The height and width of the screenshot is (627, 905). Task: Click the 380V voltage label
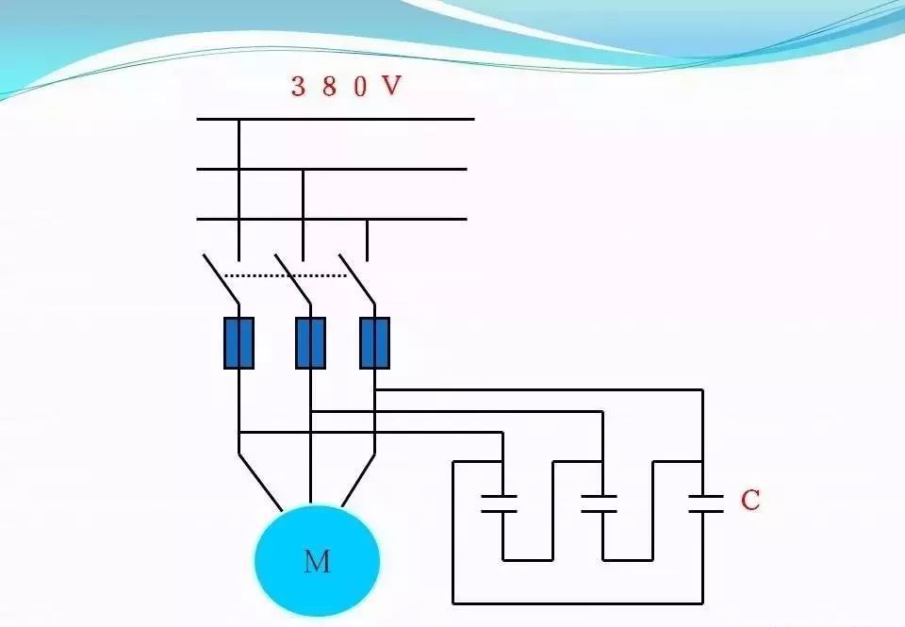(x=346, y=87)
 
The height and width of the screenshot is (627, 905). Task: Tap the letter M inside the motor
(x=317, y=562)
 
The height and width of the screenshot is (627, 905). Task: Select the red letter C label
(x=749, y=501)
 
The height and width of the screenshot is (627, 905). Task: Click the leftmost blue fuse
(x=239, y=342)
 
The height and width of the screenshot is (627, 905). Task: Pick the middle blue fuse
(x=311, y=342)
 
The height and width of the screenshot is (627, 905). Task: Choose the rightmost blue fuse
(x=374, y=342)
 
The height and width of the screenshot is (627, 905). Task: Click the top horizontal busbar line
(x=335, y=119)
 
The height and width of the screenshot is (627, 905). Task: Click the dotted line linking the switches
(x=288, y=276)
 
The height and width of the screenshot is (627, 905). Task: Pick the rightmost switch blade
(x=357, y=278)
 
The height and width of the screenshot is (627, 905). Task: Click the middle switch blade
(x=292, y=278)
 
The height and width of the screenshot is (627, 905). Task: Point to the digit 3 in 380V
(x=298, y=87)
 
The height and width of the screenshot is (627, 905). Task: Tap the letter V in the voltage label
(x=390, y=87)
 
